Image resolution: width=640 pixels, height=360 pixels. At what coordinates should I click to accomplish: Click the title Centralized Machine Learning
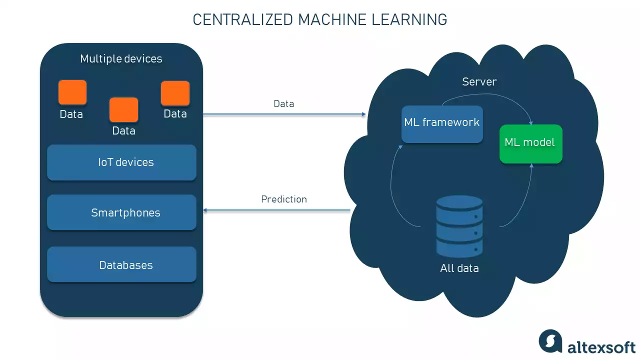pyautogui.click(x=320, y=19)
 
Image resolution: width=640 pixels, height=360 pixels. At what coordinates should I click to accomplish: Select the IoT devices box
pyautogui.click(x=121, y=162)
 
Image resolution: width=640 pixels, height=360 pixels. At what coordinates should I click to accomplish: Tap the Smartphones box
pyautogui.click(x=121, y=212)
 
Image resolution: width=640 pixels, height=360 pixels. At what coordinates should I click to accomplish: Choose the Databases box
pyautogui.click(x=121, y=264)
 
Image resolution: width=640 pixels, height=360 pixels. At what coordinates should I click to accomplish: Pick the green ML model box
pyautogui.click(x=530, y=143)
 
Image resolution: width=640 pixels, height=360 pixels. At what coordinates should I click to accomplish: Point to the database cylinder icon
pyautogui.click(x=459, y=226)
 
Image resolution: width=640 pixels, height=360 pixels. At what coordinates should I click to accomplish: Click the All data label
pyautogui.click(x=459, y=268)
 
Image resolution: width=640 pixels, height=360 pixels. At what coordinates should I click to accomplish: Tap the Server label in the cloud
pyautogui.click(x=479, y=82)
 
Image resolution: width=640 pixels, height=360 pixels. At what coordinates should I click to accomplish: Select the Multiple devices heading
pyautogui.click(x=121, y=59)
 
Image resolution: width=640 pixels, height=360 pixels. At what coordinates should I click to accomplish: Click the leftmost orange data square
pyautogui.click(x=72, y=92)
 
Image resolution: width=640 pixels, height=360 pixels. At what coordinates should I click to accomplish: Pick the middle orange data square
pyautogui.click(x=123, y=110)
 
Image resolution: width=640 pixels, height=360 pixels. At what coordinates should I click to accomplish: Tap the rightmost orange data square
pyautogui.click(x=175, y=93)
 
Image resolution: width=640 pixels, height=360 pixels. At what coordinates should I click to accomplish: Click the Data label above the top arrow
pyautogui.click(x=283, y=104)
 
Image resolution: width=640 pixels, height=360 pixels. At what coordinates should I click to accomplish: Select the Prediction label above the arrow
pyautogui.click(x=283, y=199)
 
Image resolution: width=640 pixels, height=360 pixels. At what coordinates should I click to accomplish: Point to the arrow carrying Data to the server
pyautogui.click(x=283, y=114)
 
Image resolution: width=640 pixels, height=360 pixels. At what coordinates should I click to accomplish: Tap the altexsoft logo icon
pyautogui.click(x=550, y=341)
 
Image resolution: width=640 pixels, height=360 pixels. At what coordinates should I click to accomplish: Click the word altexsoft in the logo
pyautogui.click(x=601, y=346)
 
